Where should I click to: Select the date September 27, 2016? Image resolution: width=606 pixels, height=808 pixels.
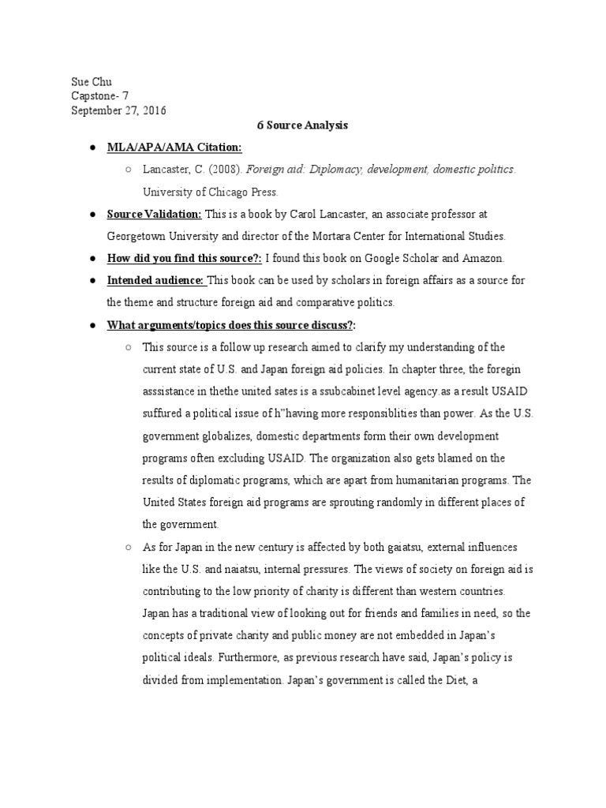118,110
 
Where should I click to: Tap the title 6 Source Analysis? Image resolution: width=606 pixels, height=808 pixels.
302,125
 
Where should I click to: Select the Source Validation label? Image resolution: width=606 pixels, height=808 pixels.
154,214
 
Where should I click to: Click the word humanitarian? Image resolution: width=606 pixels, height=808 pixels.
417,480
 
